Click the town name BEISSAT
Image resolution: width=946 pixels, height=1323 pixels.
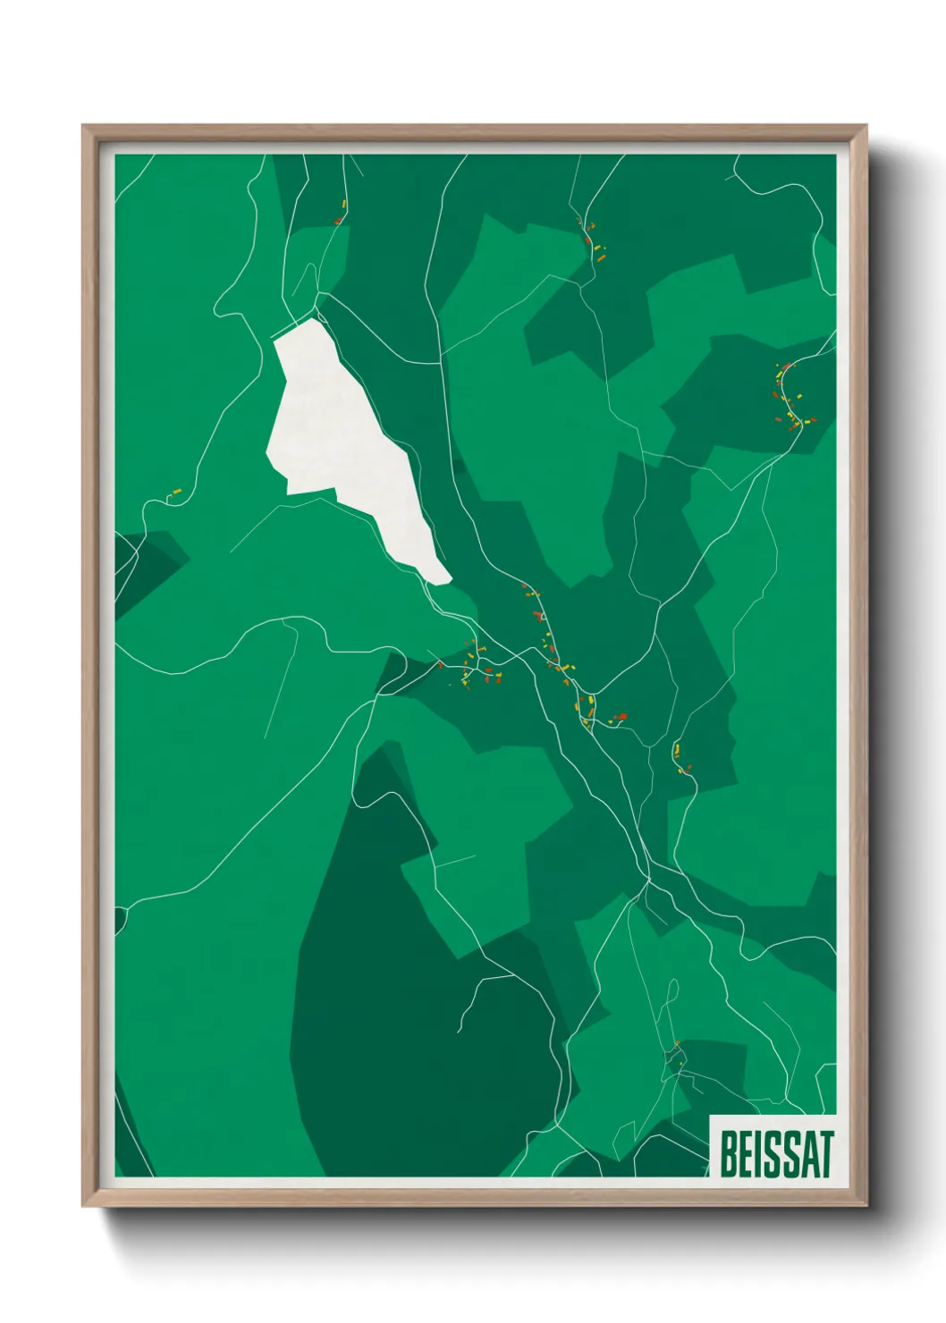(775, 1154)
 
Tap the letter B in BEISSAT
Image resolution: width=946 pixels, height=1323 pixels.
(729, 1154)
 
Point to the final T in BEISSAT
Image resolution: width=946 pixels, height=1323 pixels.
(825, 1154)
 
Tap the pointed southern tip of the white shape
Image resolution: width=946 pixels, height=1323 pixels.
(442, 582)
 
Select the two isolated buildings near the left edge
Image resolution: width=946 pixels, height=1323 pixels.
(174, 493)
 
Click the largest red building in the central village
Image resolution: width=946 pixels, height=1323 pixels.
(621, 716)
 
